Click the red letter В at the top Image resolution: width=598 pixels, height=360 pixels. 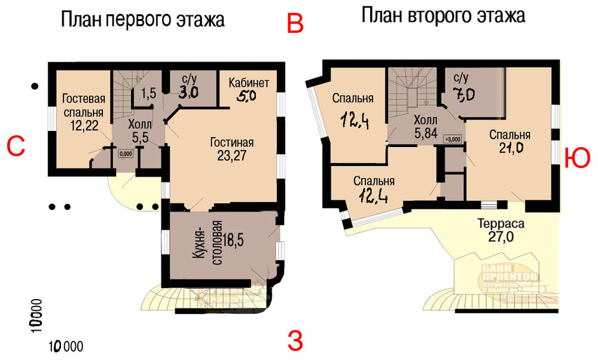coord(296,23)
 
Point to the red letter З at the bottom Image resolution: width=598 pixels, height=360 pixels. coord(295,341)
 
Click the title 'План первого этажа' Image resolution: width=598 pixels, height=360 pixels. coord(142,20)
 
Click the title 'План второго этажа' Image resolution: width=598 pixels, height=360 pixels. coord(443,16)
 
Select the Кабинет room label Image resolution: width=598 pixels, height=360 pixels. coord(249,83)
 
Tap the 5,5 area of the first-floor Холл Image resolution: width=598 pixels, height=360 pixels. coord(141,138)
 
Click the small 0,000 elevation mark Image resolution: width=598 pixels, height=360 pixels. coord(126,153)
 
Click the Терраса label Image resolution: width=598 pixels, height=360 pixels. coord(501,224)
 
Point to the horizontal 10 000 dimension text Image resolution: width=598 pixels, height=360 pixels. coord(66,346)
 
